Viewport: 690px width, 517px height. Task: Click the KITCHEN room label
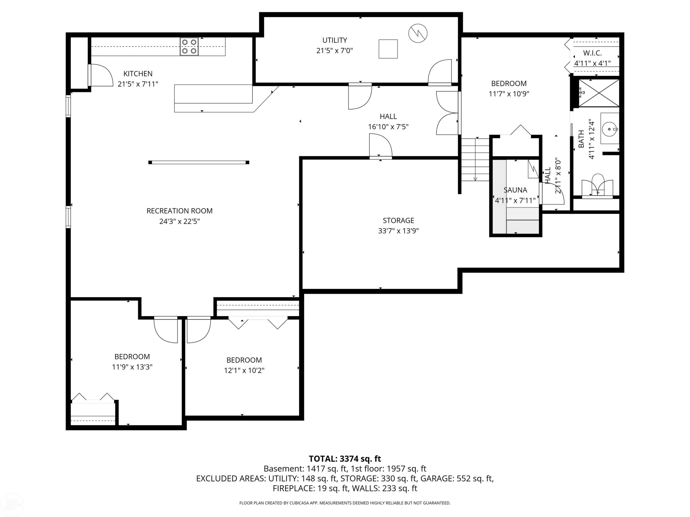138,74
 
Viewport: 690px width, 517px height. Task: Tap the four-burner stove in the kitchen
189,47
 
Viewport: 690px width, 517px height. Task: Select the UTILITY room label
335,40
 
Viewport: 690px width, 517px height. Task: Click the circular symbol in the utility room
418,33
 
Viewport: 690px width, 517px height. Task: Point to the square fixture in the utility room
388,49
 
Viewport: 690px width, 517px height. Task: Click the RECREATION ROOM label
180,211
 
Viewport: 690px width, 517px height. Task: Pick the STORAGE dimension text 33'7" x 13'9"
398,231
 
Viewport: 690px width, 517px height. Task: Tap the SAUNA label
515,190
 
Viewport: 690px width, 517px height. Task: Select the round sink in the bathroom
609,129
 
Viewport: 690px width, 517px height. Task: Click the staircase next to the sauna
475,159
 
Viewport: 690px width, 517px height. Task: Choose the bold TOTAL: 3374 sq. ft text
345,459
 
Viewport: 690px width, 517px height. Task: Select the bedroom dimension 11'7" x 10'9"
509,94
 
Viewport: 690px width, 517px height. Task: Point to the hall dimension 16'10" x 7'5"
388,127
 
